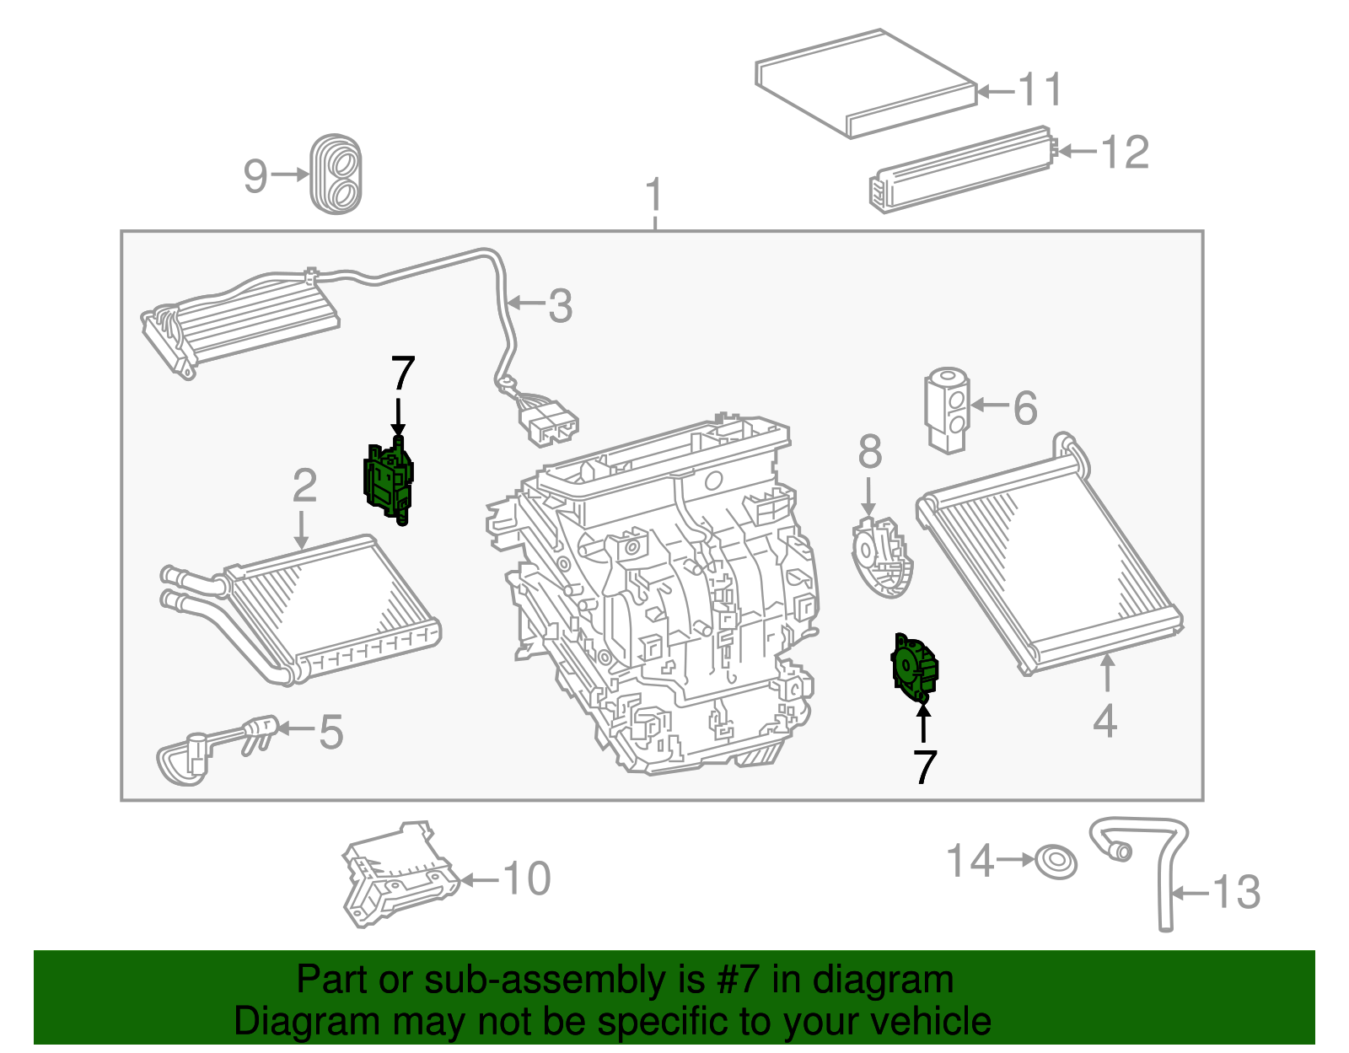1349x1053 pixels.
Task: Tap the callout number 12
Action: tap(1126, 153)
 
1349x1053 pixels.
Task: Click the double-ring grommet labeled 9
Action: tap(336, 174)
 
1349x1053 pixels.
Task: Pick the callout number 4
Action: tap(1104, 722)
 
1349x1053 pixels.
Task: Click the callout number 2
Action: tap(304, 486)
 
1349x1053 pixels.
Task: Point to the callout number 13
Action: tap(1237, 892)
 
